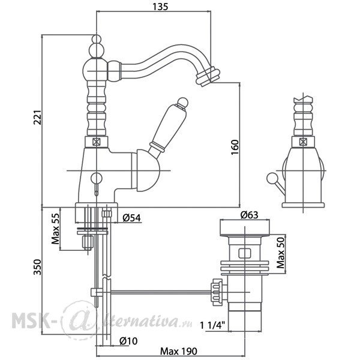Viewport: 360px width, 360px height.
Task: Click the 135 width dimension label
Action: coord(160,7)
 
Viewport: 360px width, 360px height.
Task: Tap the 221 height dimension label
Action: coord(37,118)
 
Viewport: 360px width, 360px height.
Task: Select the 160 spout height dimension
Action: coord(235,147)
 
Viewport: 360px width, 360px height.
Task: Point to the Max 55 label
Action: coord(55,229)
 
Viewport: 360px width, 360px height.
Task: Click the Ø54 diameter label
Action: coord(131,218)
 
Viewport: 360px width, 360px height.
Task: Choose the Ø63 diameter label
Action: coord(249,215)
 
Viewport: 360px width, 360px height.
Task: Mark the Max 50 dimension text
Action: coord(281,253)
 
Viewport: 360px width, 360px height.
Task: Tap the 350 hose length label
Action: coord(37,267)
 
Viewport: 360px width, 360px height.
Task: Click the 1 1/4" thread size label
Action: coord(212,325)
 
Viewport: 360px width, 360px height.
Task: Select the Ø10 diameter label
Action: coord(128,341)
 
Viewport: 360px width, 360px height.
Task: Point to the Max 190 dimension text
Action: coord(178,351)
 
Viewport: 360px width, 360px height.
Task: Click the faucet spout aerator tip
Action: coord(208,77)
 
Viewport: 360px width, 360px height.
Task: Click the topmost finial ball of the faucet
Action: coord(97,38)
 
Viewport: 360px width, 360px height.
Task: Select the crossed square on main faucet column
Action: coord(97,142)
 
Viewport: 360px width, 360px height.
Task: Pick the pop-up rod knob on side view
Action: coord(271,178)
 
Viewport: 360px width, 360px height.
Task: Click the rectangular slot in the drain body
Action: coord(245,253)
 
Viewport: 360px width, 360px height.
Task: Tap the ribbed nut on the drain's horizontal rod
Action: coord(217,292)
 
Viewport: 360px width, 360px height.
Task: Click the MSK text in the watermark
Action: coord(30,320)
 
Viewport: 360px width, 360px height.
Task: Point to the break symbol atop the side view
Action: coord(303,99)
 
